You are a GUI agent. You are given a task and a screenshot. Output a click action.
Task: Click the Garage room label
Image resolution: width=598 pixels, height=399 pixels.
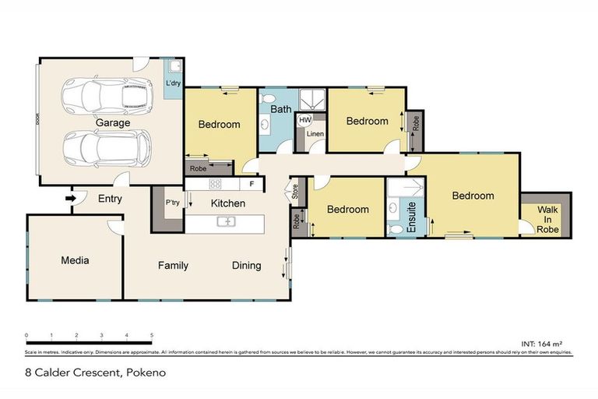click(x=113, y=122)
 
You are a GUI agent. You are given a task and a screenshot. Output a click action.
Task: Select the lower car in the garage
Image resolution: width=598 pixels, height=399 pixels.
click(x=106, y=147)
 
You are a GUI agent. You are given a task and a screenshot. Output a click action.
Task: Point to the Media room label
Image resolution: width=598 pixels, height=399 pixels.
click(x=75, y=260)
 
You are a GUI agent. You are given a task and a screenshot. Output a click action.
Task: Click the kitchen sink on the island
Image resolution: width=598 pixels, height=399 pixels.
click(x=227, y=222)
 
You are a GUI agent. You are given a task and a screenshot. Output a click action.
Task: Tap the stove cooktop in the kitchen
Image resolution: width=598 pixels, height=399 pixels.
click(x=215, y=185)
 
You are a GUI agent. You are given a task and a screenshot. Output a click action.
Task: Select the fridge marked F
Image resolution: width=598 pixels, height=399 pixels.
click(x=252, y=185)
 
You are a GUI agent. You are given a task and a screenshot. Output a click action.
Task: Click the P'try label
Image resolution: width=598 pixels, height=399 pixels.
click(x=173, y=203)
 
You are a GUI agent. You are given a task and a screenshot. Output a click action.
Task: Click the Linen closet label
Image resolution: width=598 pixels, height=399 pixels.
click(x=315, y=135)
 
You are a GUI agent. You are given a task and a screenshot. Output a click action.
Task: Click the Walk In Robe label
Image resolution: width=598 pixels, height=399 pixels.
click(x=548, y=218)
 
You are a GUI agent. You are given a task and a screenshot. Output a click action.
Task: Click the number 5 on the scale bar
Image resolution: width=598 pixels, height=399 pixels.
click(x=151, y=335)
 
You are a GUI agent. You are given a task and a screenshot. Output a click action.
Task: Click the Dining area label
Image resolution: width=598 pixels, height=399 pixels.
click(x=246, y=266)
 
